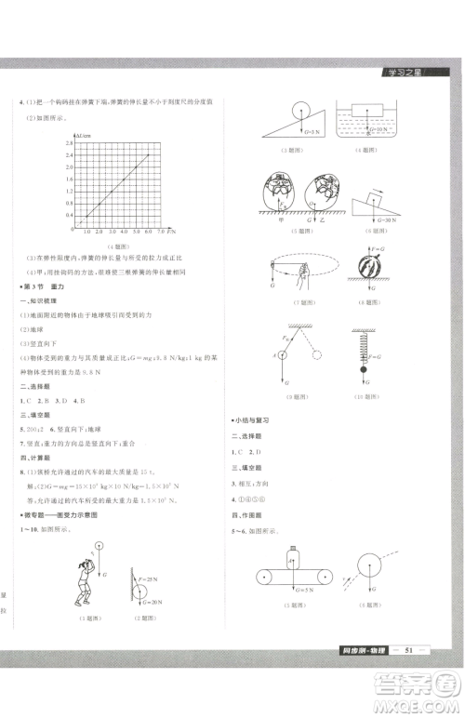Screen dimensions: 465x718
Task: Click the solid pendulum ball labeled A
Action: [286, 353]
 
